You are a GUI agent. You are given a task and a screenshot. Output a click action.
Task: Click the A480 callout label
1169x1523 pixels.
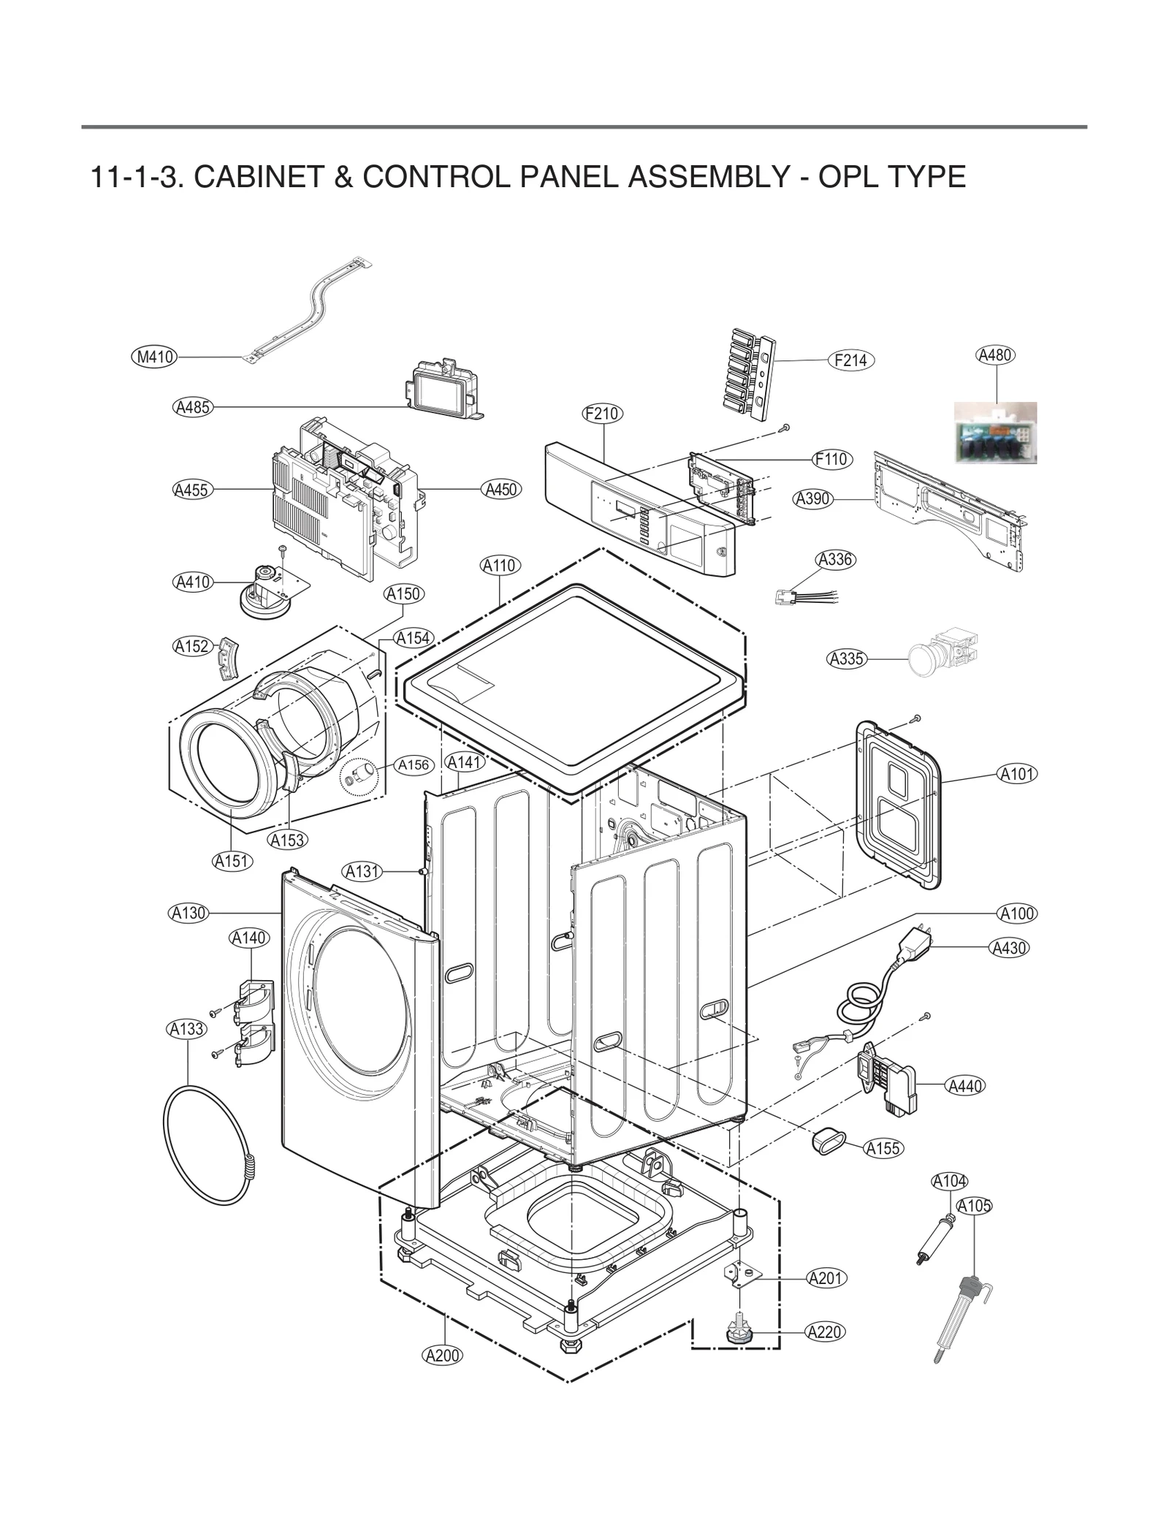coord(994,356)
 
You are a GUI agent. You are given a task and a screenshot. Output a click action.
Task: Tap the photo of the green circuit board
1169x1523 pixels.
coord(995,433)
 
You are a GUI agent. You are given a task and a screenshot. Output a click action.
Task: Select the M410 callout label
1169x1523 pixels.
coord(156,357)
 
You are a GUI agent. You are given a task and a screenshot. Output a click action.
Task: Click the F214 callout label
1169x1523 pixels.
coord(850,360)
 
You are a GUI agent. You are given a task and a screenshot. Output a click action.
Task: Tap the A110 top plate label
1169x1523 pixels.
coord(500,565)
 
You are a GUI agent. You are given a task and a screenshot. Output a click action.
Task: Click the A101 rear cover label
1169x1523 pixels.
coord(1017,774)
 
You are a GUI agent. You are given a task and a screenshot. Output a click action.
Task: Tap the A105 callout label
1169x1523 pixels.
coord(974,1206)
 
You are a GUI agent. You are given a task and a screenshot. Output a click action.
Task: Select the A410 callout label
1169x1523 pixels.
coord(193,582)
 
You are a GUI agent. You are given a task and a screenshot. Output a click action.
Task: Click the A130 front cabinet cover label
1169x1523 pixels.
coord(189,913)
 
